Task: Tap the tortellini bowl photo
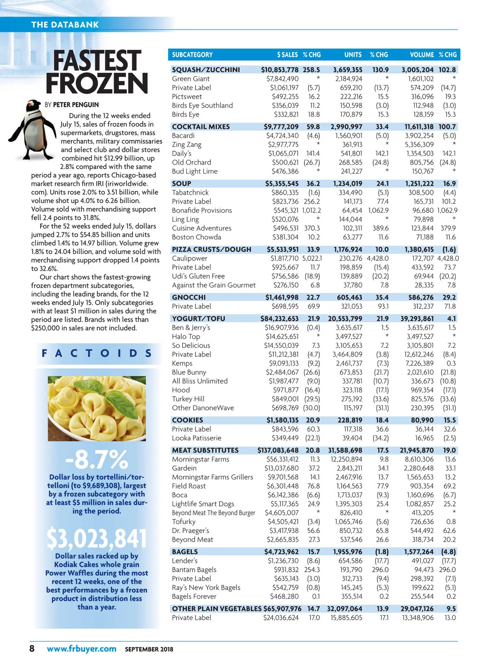[97, 408]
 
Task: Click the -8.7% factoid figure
[97, 459]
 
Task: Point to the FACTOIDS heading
[97, 353]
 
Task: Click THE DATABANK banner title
[65, 24]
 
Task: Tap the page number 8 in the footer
[32, 648]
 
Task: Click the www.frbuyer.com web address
[82, 648]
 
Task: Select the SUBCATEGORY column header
[192, 55]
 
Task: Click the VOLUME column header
[422, 55]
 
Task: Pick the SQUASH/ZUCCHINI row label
[206, 70]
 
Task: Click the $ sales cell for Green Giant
[282, 79]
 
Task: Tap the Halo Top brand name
[186, 336]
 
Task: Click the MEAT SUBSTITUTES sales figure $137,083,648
[278, 450]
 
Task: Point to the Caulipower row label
[190, 258]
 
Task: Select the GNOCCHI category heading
[189, 297]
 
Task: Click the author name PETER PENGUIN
[76, 105]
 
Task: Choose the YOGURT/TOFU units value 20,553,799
[345, 318]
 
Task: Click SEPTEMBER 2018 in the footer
[149, 649]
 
